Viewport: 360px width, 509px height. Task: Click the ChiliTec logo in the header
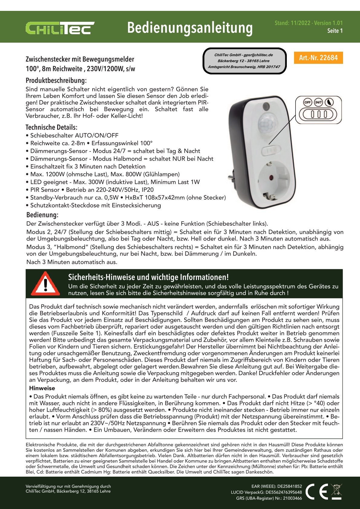coord(60,28)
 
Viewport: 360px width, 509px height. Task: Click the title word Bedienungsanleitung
coord(190,28)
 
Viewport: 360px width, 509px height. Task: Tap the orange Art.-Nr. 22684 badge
coord(318,57)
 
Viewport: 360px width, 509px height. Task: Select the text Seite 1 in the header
coord(335,31)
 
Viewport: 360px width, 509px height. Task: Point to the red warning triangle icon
coord(45,284)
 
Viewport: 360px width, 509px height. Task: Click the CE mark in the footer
coord(316,491)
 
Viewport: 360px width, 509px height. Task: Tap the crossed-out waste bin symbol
coord(336,491)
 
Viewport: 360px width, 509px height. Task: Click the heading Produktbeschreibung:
coord(56,80)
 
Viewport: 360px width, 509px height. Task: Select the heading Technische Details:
coord(51,127)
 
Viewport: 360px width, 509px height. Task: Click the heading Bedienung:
coord(42,215)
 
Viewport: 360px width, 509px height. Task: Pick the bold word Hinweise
coord(42,388)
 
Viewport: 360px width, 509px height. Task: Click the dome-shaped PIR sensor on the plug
coord(267,124)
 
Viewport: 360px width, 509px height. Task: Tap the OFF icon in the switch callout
coord(308,103)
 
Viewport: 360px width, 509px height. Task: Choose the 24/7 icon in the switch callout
coord(318,103)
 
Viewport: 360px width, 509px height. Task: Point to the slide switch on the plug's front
coord(271,150)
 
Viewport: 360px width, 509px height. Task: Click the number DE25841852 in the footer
coord(290,486)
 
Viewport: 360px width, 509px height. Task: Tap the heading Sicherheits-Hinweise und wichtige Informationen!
coord(148,277)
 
